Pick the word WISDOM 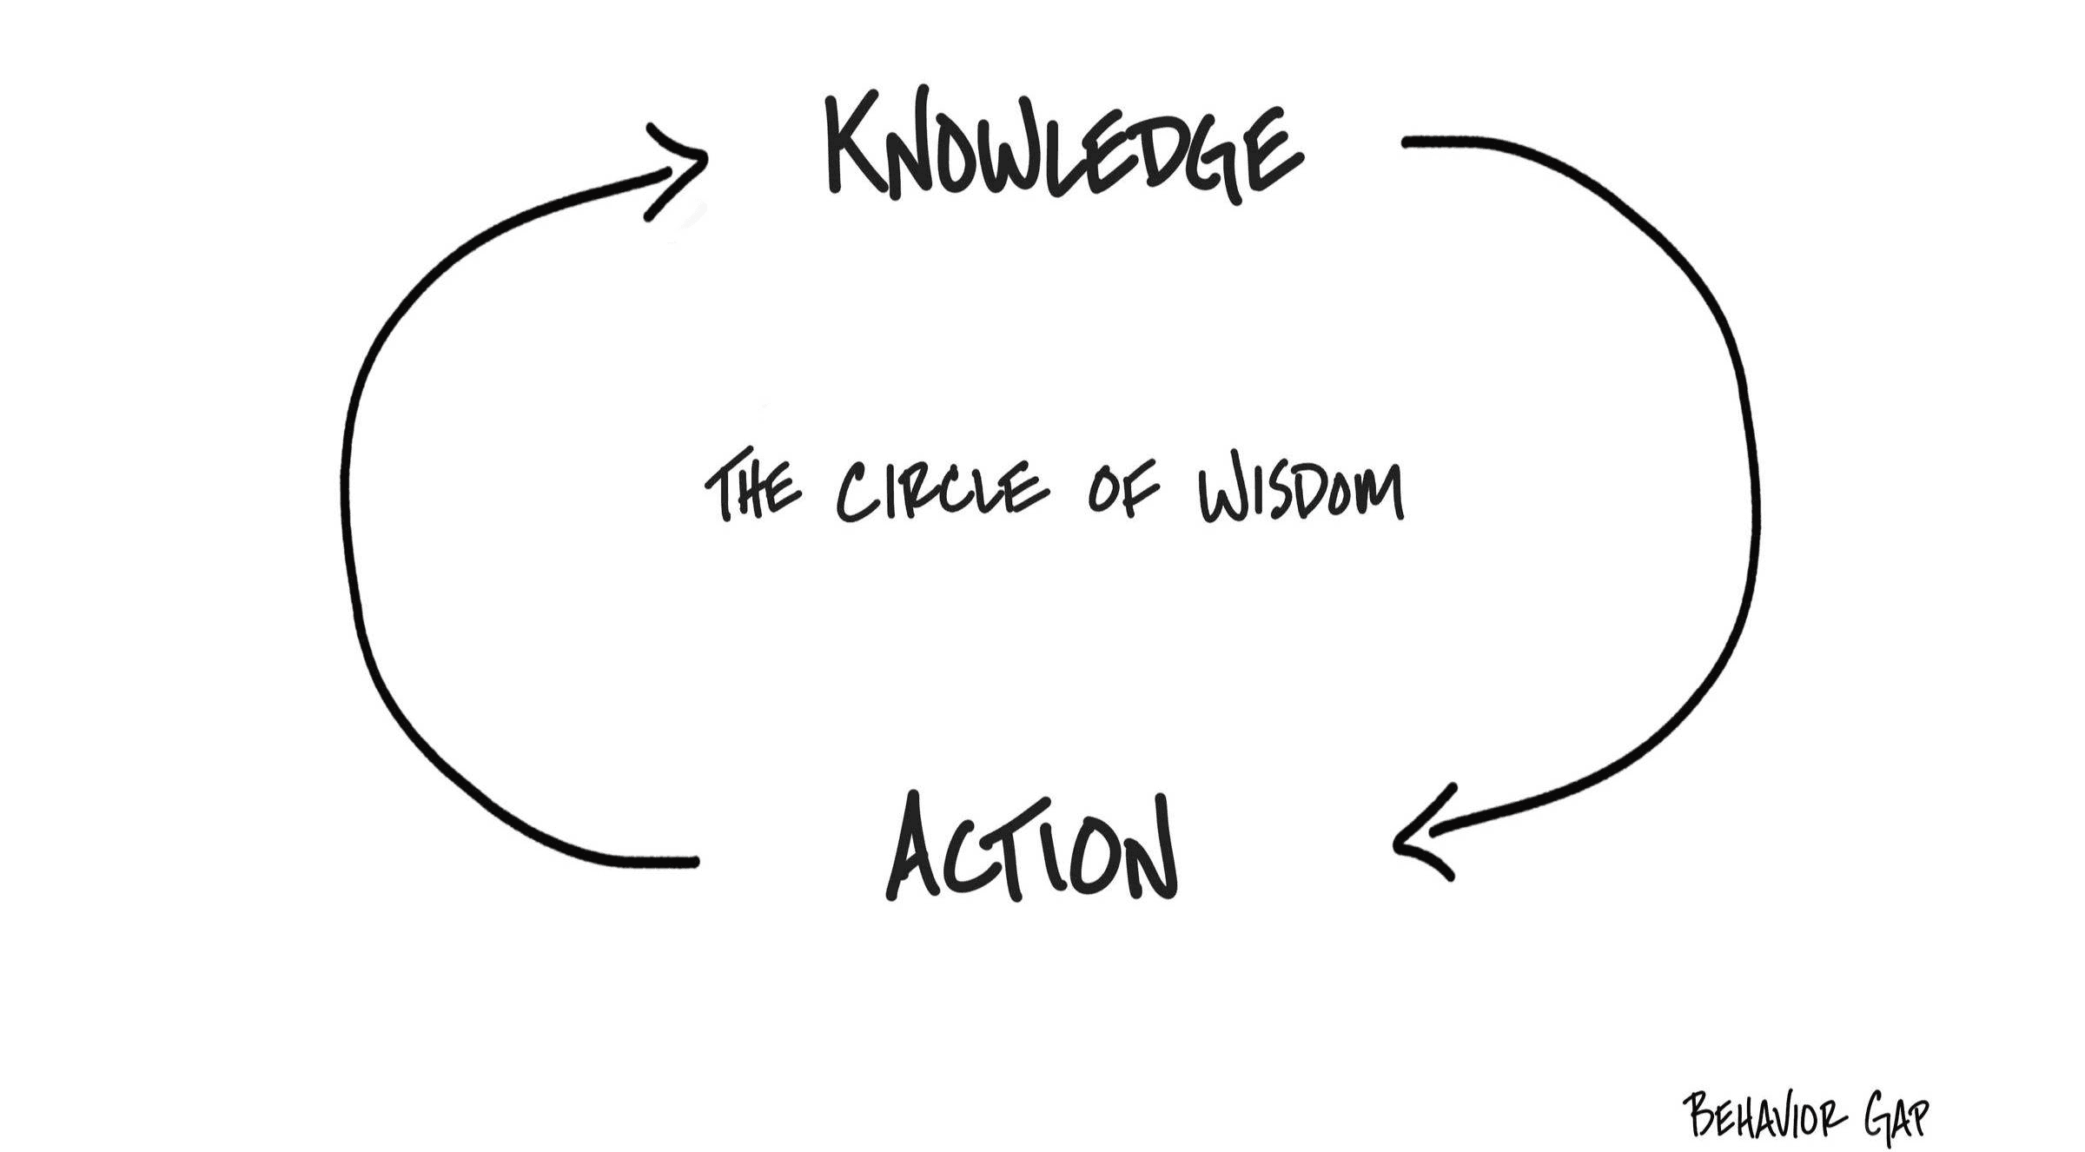1301,492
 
